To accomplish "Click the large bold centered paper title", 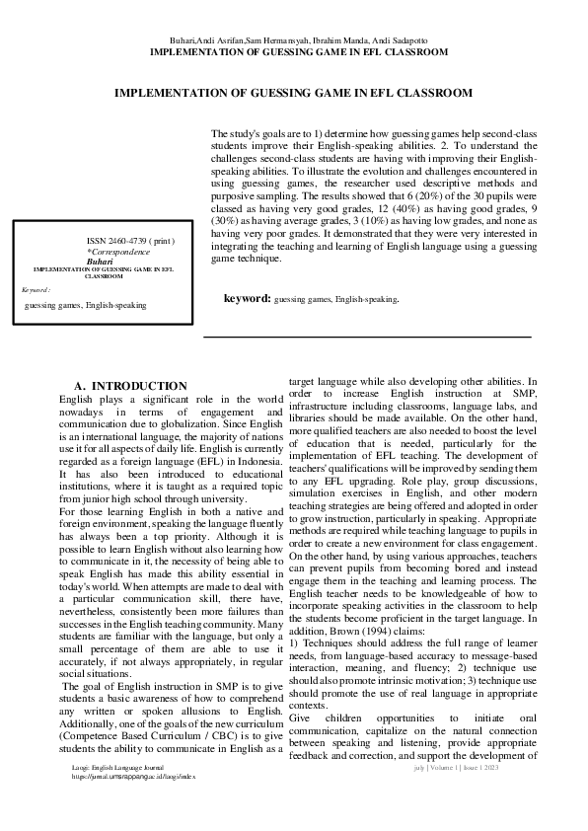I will click(x=293, y=92).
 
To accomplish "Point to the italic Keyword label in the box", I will click(x=37, y=290).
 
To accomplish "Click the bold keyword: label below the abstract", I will click(x=247, y=297).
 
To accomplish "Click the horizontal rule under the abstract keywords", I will click(x=367, y=338).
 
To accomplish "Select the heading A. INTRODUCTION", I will click(x=131, y=385).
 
